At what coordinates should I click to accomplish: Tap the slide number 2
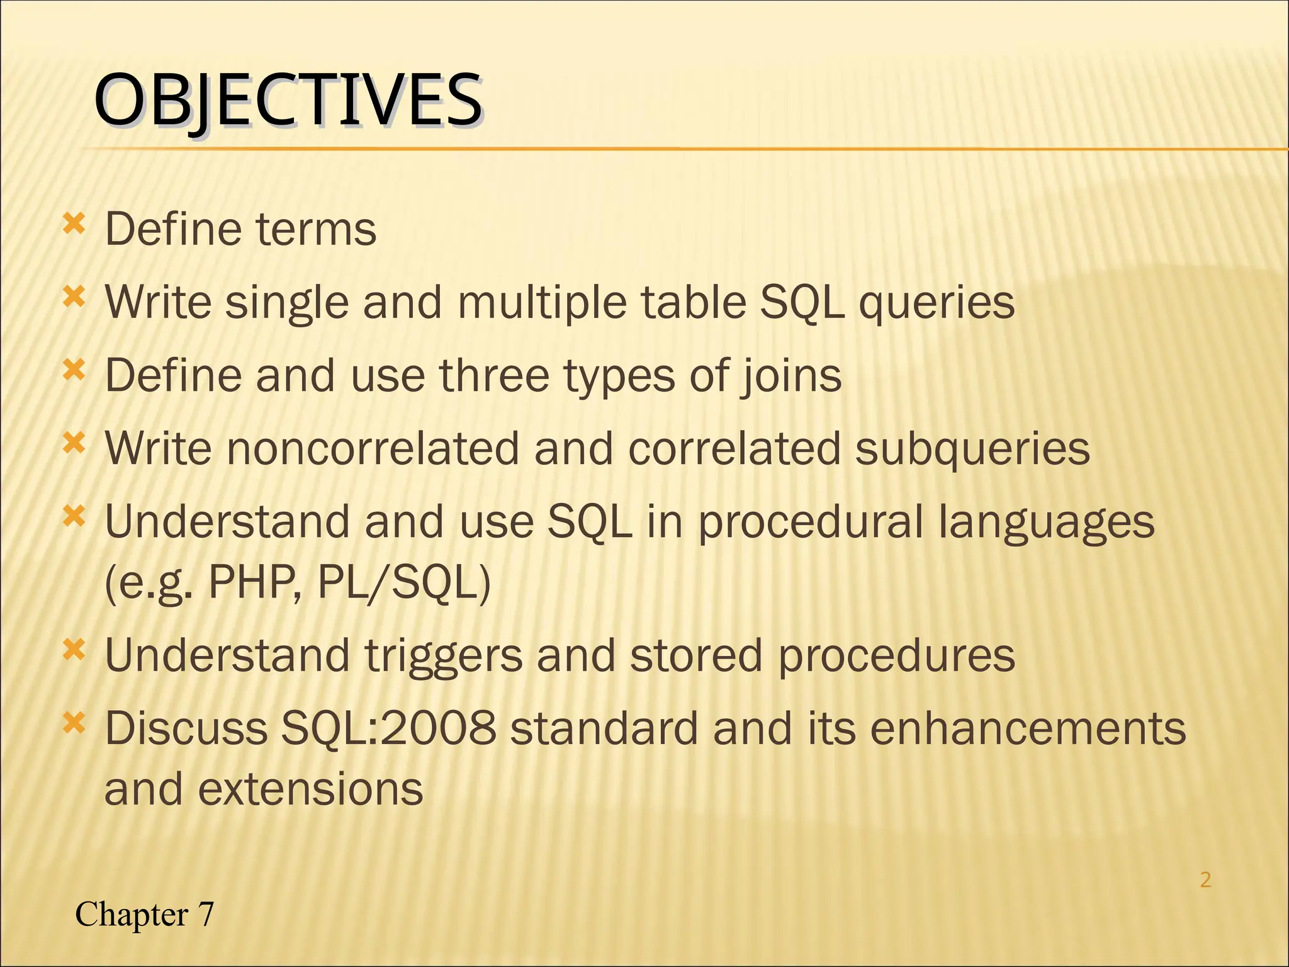click(1205, 879)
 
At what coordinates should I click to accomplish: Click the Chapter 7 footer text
click(144, 914)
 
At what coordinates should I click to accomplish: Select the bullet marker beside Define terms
click(74, 223)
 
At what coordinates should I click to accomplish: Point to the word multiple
click(541, 303)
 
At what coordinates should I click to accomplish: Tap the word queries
click(937, 303)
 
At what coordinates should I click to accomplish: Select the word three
click(494, 376)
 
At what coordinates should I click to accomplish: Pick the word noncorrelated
click(372, 449)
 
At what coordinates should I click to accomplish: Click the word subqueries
click(972, 449)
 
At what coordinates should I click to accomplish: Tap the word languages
click(1047, 523)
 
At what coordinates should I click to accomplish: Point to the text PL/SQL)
click(403, 582)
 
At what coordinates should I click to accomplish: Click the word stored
click(697, 655)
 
